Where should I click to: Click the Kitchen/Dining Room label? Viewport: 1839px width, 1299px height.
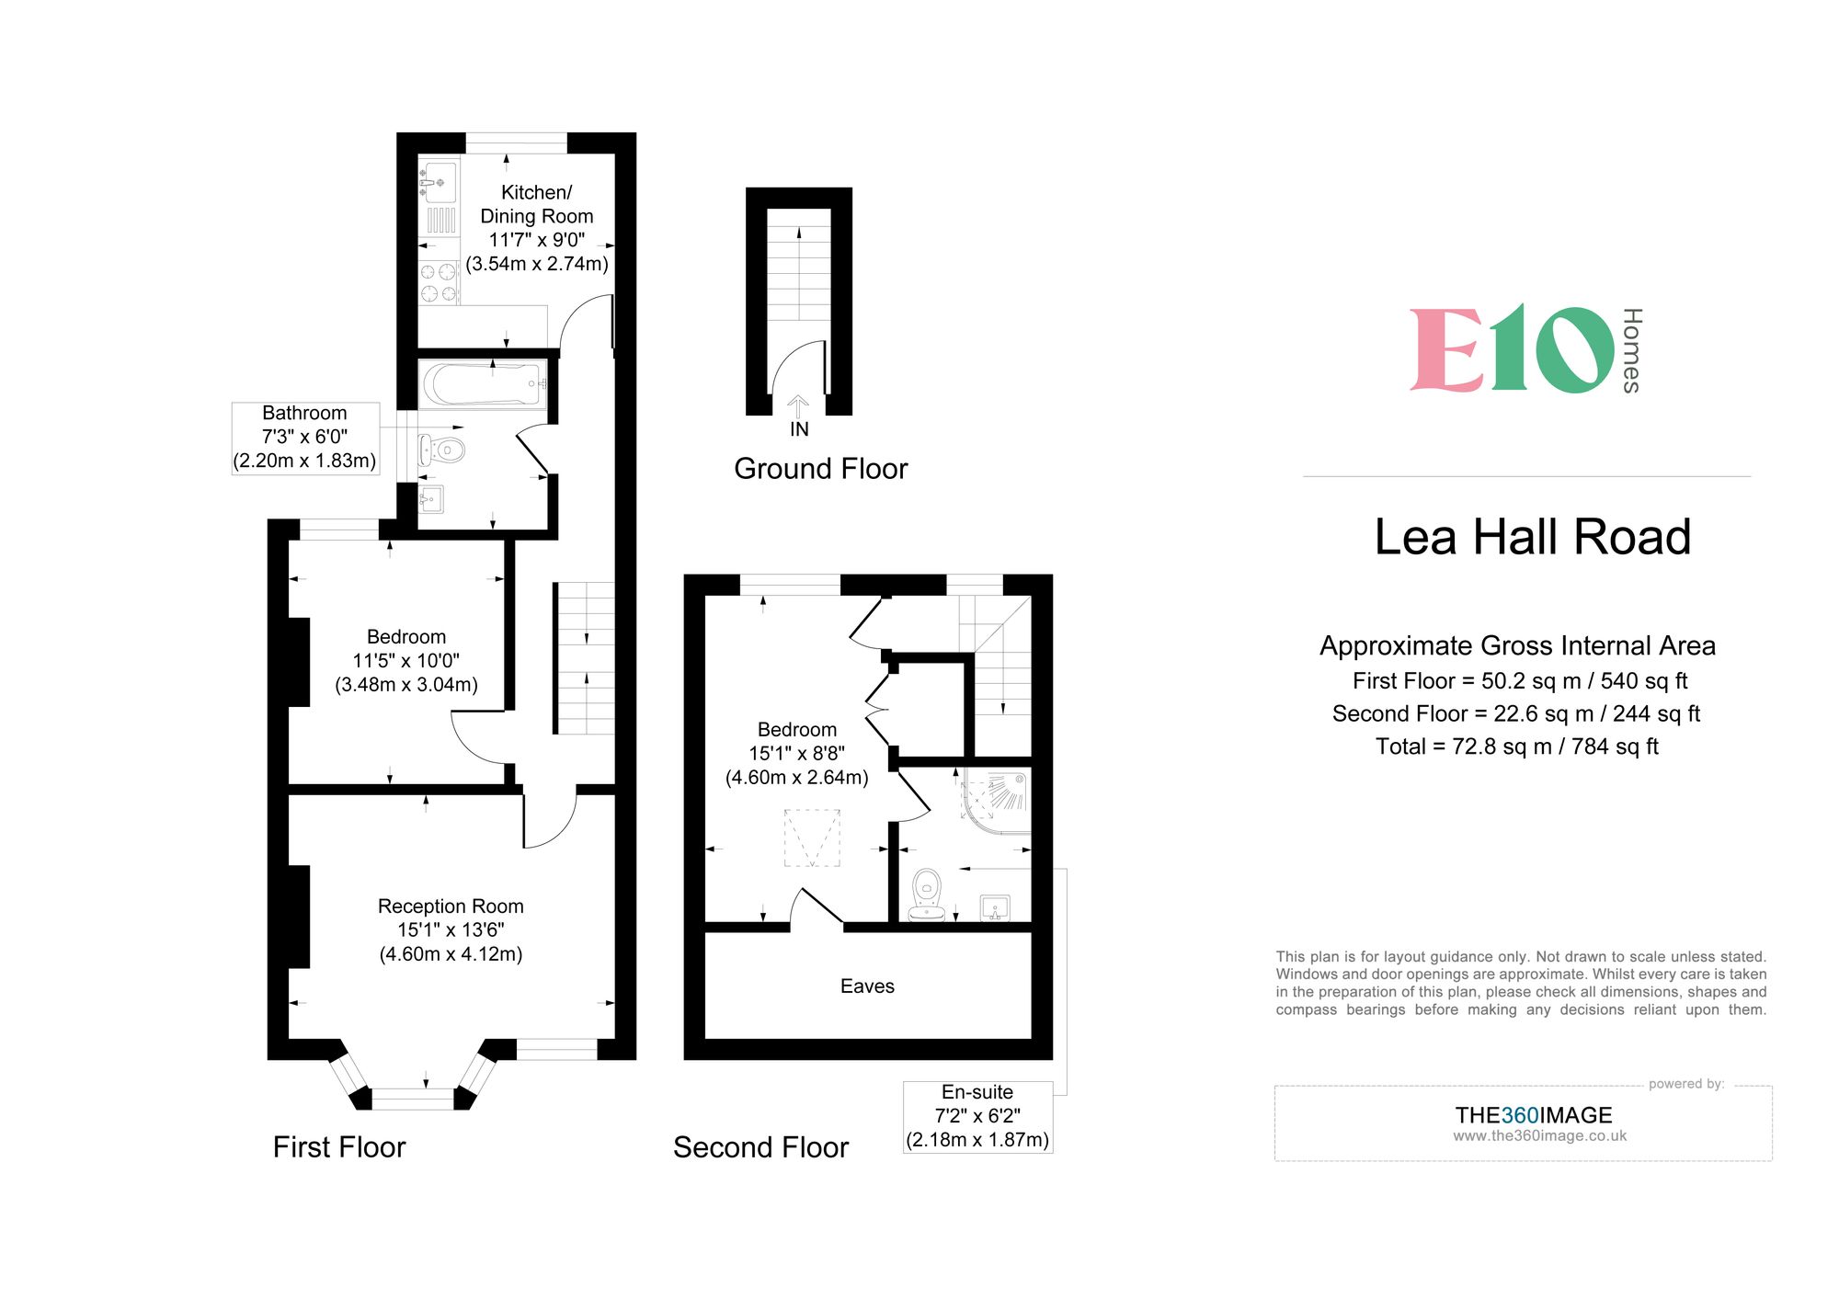[x=536, y=204]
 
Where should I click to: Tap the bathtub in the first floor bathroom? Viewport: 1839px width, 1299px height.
[x=483, y=384]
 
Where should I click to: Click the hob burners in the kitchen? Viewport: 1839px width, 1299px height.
[x=439, y=282]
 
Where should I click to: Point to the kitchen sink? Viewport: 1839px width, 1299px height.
[x=439, y=181]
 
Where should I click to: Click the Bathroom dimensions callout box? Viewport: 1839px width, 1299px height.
[x=304, y=438]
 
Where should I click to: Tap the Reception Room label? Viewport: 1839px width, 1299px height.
[x=451, y=906]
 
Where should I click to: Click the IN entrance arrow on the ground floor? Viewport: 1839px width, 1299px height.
[x=798, y=408]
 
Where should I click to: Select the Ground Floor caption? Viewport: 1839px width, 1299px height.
[x=820, y=469]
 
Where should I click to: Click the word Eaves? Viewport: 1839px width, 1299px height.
[x=867, y=986]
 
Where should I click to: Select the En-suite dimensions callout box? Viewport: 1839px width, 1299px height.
[x=977, y=1116]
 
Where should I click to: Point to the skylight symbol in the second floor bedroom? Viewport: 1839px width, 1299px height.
[x=812, y=838]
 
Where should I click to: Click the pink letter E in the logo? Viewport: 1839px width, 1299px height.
[x=1445, y=350]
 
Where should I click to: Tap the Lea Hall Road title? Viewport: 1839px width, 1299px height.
[x=1532, y=537]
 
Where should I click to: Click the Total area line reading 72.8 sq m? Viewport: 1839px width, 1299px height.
[x=1516, y=746]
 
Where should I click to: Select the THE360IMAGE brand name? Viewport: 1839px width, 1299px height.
[x=1533, y=1115]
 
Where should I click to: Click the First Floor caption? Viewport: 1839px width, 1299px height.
[x=339, y=1147]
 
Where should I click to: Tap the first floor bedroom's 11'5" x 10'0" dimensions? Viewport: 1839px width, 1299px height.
[x=405, y=661]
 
